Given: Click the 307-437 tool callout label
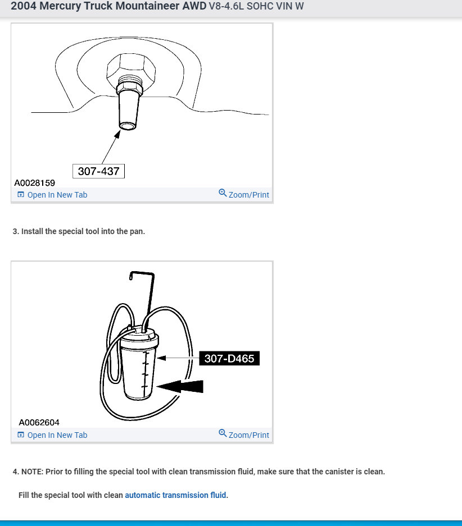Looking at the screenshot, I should coord(98,171).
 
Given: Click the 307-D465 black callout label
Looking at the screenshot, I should coord(229,358).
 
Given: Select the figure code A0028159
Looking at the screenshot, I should coord(35,183).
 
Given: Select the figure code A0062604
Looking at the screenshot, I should coord(39,423).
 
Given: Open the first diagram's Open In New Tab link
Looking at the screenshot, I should coord(57,195).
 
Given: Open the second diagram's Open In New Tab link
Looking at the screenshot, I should coord(57,435).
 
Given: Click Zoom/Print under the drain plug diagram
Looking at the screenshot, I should coord(248,195).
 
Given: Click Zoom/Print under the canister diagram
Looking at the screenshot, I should coord(248,435).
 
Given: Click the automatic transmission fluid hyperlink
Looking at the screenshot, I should coord(175,495).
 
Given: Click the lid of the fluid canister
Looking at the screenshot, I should coord(139,339).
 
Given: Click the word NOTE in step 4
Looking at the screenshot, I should coord(31,472).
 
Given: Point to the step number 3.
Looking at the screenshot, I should coord(15,231).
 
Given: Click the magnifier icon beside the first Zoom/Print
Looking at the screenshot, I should coord(223,194).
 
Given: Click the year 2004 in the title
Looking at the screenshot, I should coord(24,7).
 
